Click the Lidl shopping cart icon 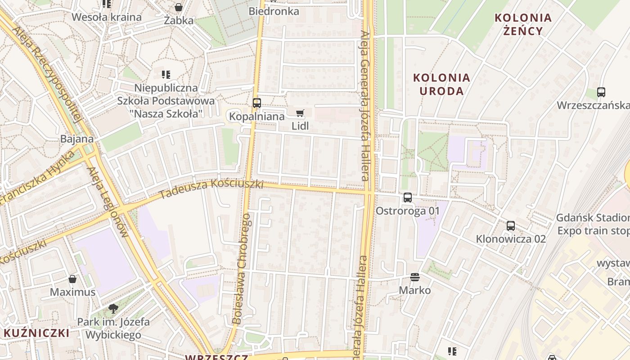[x=300, y=113]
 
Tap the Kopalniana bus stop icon [x=257, y=103]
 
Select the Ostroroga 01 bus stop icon [x=408, y=197]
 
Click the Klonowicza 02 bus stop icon [x=511, y=226]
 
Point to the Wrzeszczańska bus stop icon [x=601, y=92]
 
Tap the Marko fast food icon [x=415, y=277]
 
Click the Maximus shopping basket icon [x=72, y=279]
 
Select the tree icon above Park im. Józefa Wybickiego [x=113, y=309]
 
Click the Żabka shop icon [x=179, y=8]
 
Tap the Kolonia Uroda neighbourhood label [x=442, y=84]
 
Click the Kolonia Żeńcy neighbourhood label [x=523, y=24]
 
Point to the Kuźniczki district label [x=37, y=333]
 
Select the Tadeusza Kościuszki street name [x=211, y=188]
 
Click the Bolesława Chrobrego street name [x=242, y=269]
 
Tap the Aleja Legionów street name [x=108, y=202]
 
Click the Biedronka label [x=274, y=11]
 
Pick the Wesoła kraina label [x=107, y=18]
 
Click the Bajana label [x=77, y=139]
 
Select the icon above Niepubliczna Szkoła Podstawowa [x=166, y=74]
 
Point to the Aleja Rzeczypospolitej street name [x=47, y=74]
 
